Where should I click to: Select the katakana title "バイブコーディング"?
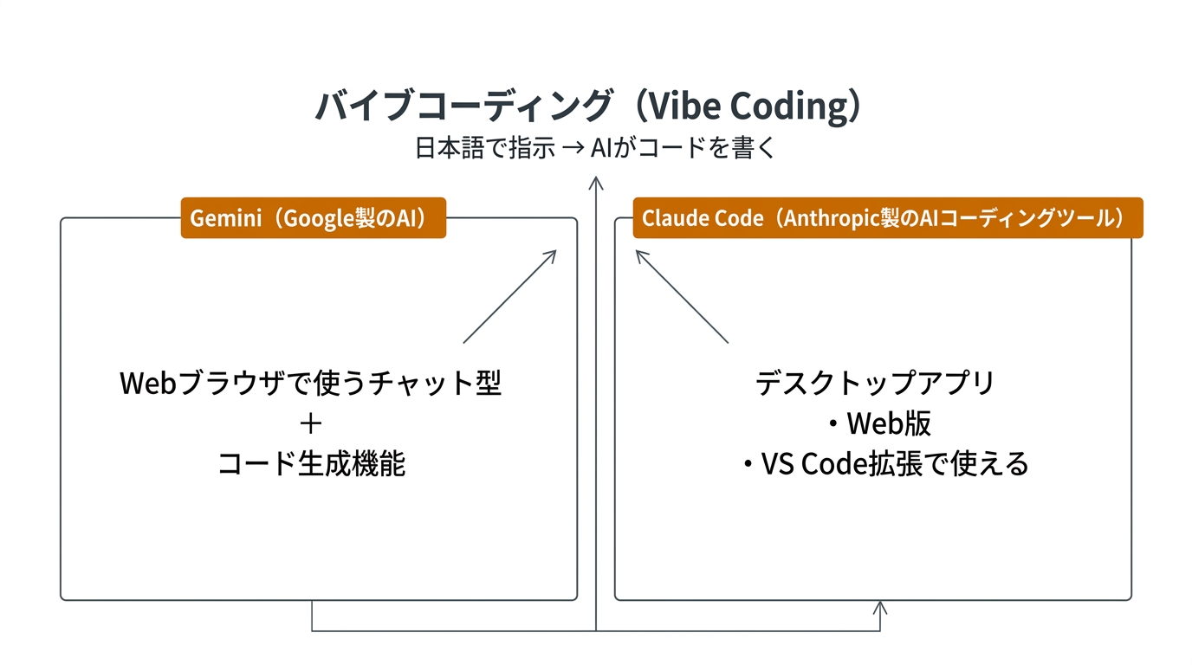coord(463,107)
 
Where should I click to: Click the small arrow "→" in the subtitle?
coord(573,149)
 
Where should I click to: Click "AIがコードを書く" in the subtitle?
coord(683,149)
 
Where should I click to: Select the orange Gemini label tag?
coord(313,218)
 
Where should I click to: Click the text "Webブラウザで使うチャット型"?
coord(311,383)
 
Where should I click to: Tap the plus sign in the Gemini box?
coord(310,423)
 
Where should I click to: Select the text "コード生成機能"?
coord(311,464)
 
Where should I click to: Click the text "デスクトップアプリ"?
coord(875,383)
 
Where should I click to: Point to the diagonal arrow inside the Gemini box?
coord(510,296)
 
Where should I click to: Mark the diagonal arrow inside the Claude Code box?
coord(682,296)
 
